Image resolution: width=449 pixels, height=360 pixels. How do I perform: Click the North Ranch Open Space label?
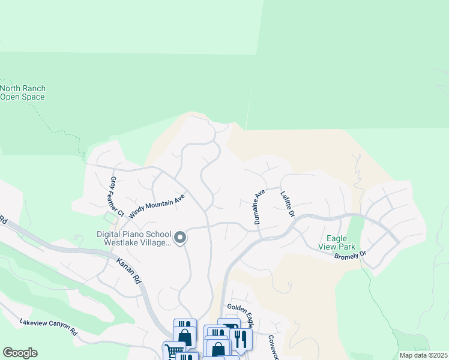23,92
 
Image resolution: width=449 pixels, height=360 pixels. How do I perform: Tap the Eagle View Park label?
340,242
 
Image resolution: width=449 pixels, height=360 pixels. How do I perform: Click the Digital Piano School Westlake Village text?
134,239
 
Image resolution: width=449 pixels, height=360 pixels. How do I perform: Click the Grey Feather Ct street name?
116,197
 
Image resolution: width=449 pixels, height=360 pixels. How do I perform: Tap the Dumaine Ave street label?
259,206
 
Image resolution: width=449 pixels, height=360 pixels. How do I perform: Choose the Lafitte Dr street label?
288,205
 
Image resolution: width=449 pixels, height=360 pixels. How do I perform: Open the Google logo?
20,353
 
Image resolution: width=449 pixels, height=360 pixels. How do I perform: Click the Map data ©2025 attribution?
423,355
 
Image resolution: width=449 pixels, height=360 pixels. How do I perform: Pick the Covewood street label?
273,347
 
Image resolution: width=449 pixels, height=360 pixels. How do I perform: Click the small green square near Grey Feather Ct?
109,216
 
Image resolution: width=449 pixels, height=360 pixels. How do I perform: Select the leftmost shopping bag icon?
184,337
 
